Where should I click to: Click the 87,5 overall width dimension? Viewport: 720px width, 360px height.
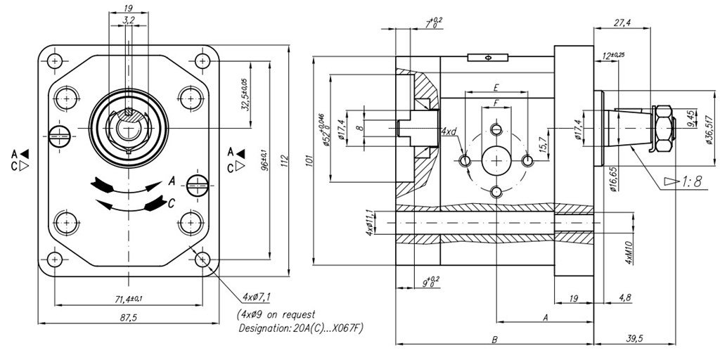tap(128, 319)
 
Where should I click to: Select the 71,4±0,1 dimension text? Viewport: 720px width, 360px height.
tap(129, 300)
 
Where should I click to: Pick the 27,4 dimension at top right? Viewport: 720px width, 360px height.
tap(622, 23)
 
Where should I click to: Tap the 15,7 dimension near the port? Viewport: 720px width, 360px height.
tap(543, 145)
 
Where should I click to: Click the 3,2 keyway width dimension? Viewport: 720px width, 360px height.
tap(127, 22)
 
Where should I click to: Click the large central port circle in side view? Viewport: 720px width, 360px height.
tap(496, 161)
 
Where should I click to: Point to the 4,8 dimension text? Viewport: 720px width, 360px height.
tap(624, 298)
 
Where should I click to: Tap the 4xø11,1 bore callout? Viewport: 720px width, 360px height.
tap(370, 226)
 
